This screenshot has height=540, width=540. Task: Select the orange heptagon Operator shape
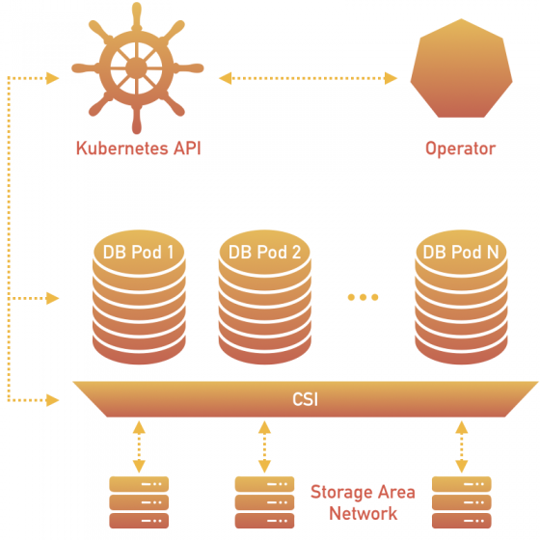(460, 73)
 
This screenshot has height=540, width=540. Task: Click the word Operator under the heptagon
(460, 149)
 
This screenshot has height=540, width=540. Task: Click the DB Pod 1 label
(139, 253)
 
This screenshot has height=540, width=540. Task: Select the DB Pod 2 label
(264, 253)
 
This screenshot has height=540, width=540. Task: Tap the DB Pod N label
(461, 253)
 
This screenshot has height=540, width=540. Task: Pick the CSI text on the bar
(306, 397)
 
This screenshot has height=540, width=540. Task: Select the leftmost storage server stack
(139, 501)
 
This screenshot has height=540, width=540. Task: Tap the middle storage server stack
(264, 501)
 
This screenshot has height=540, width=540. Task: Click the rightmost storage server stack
(461, 501)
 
